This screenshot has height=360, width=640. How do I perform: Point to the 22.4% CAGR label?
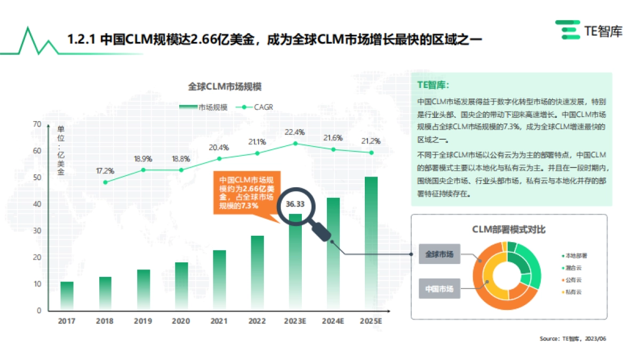click(x=295, y=132)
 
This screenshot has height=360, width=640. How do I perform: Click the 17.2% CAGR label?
click(x=105, y=171)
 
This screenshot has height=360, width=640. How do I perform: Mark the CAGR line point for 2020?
click(x=181, y=170)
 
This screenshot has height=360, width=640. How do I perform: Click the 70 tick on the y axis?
click(x=37, y=124)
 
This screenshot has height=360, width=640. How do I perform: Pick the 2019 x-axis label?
click(x=143, y=321)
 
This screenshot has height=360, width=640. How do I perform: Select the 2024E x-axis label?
click(x=333, y=321)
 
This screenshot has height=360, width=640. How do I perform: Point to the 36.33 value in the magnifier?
click(x=295, y=204)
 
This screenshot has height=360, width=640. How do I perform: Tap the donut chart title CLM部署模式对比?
click(x=509, y=230)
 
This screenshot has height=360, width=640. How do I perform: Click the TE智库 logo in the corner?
click(x=588, y=30)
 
